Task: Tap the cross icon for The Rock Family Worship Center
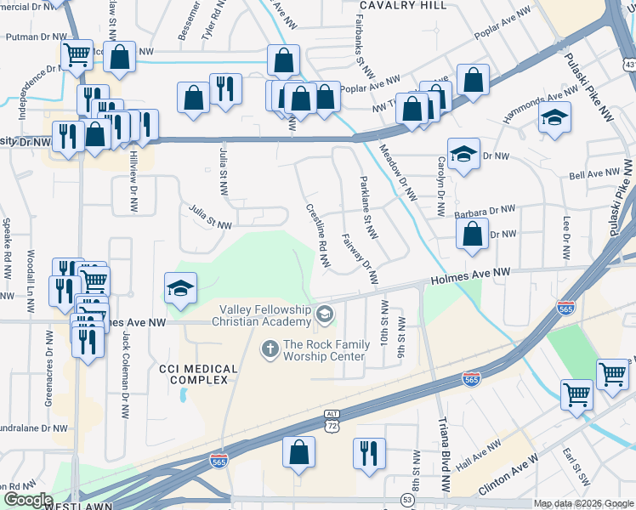[x=270, y=347]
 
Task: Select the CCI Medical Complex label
[x=193, y=373]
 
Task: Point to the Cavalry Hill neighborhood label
[x=402, y=5]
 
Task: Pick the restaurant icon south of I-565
[x=369, y=453]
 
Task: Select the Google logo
[x=27, y=500]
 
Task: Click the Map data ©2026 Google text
[x=583, y=503]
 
